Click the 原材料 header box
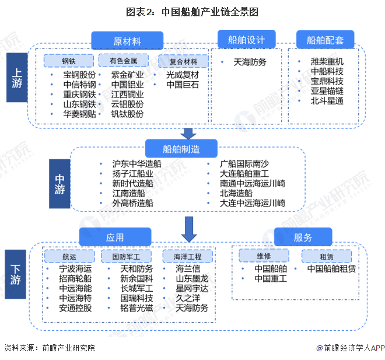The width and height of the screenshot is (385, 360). (126, 41)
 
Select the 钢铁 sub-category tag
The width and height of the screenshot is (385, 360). (69, 61)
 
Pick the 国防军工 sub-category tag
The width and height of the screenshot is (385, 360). (126, 256)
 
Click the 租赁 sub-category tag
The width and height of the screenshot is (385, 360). (317, 255)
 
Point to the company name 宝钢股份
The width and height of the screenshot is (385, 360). (79, 75)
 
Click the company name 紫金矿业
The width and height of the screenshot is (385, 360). (127, 75)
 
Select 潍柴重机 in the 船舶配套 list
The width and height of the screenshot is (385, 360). (327, 61)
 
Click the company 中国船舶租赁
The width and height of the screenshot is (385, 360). (331, 269)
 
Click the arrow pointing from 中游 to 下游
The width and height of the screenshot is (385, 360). (188, 228)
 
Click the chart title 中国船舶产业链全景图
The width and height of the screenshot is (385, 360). (192, 12)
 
